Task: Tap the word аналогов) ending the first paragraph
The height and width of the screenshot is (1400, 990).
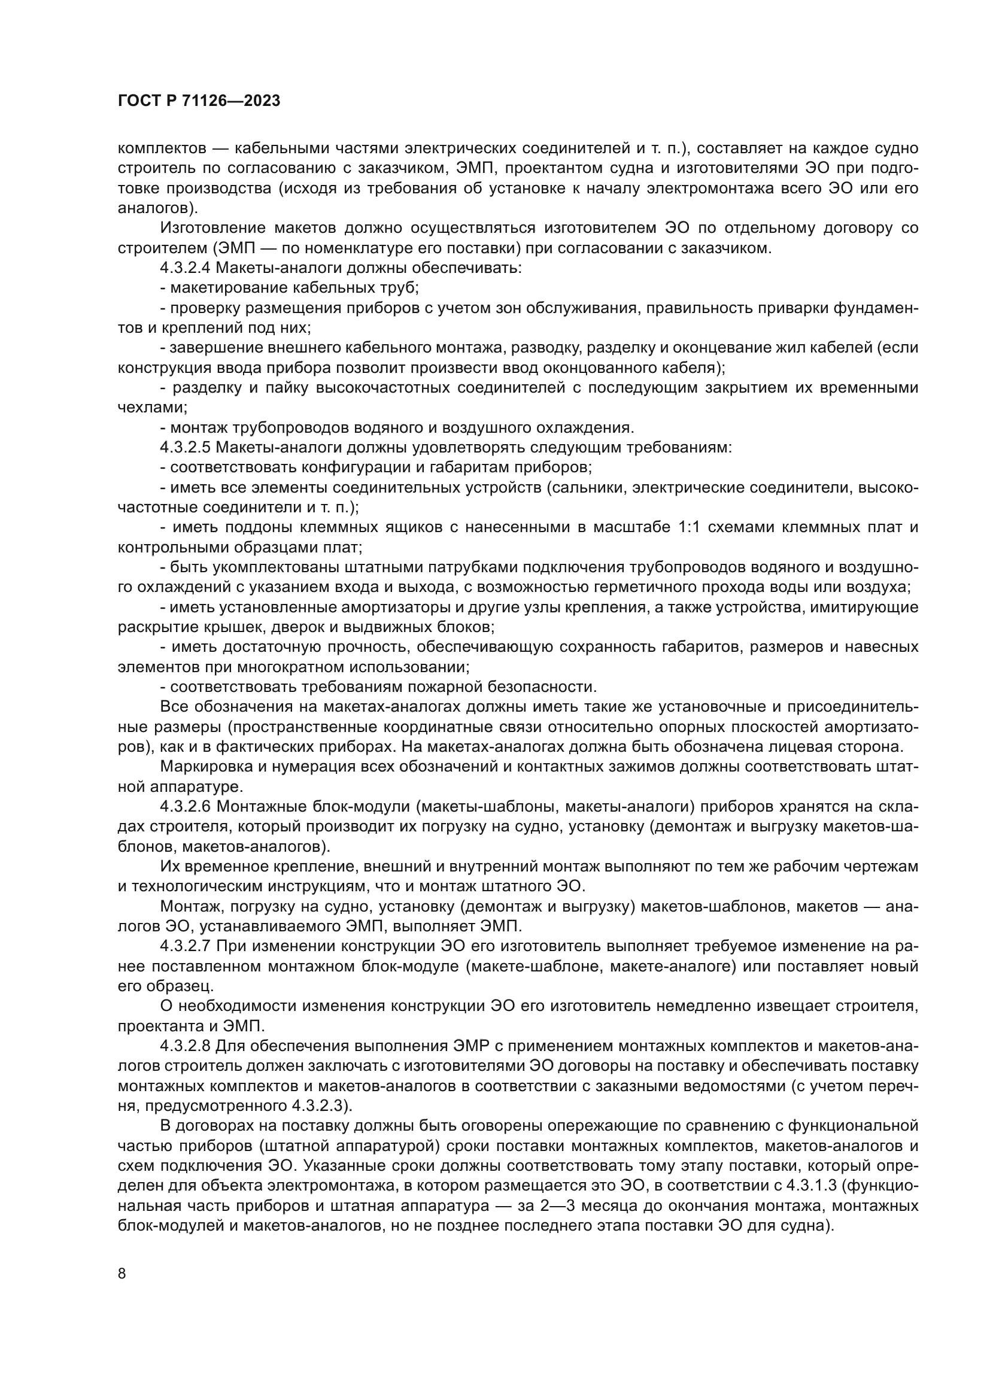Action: [x=157, y=208]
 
